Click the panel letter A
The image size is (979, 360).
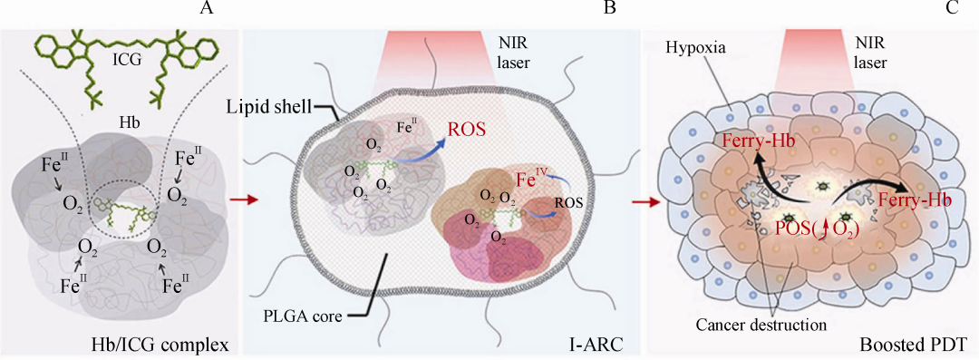pyautogui.click(x=207, y=9)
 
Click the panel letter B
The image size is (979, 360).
pyautogui.click(x=610, y=9)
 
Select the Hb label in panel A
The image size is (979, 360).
pyautogui.click(x=128, y=125)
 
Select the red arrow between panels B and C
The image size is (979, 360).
pyautogui.click(x=643, y=202)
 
